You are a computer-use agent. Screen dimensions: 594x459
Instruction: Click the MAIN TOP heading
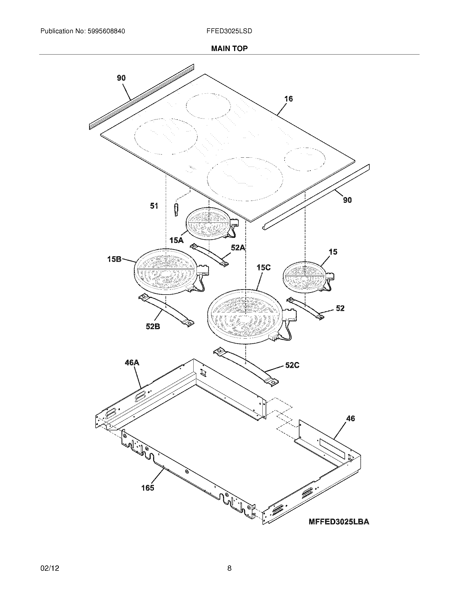(229, 48)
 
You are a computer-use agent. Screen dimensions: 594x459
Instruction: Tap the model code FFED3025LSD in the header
(229, 31)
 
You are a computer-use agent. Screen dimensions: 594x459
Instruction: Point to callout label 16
(289, 99)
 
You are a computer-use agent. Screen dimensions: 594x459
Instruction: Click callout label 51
(154, 206)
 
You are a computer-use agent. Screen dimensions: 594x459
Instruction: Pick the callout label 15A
(177, 240)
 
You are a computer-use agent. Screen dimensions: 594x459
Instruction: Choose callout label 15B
(114, 259)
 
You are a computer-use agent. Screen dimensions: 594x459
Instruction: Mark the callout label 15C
(264, 268)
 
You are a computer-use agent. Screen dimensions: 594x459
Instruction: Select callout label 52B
(153, 326)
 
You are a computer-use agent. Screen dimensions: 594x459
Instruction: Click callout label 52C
(292, 365)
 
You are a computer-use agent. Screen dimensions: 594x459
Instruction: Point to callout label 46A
(132, 363)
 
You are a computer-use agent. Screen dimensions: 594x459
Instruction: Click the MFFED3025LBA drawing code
(339, 522)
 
